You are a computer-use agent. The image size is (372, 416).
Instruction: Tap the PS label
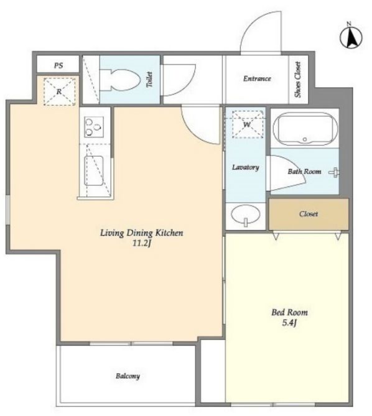(x=58, y=65)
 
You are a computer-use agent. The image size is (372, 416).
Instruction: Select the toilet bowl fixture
(x=120, y=80)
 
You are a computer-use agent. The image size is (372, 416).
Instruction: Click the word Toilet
(x=150, y=80)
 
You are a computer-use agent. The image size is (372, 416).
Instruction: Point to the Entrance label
(x=257, y=78)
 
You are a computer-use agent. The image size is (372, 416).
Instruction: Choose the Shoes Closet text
(x=298, y=80)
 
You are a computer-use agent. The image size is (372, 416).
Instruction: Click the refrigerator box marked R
(x=60, y=92)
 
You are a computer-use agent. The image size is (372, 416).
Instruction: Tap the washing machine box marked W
(x=248, y=124)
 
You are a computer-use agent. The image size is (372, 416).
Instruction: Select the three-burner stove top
(x=94, y=127)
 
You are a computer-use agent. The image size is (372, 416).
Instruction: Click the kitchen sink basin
(x=94, y=170)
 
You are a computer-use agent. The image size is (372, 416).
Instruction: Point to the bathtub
(x=305, y=129)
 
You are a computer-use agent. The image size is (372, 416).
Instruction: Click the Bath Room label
(x=304, y=172)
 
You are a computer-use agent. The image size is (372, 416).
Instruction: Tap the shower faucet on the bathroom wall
(x=335, y=173)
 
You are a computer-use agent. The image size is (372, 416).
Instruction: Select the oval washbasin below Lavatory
(x=246, y=215)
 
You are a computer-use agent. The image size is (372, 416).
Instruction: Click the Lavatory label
(x=246, y=167)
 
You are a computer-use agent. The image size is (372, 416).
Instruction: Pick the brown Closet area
(x=309, y=214)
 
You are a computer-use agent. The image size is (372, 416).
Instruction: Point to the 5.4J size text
(x=289, y=323)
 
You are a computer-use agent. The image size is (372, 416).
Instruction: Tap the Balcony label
(x=128, y=376)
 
